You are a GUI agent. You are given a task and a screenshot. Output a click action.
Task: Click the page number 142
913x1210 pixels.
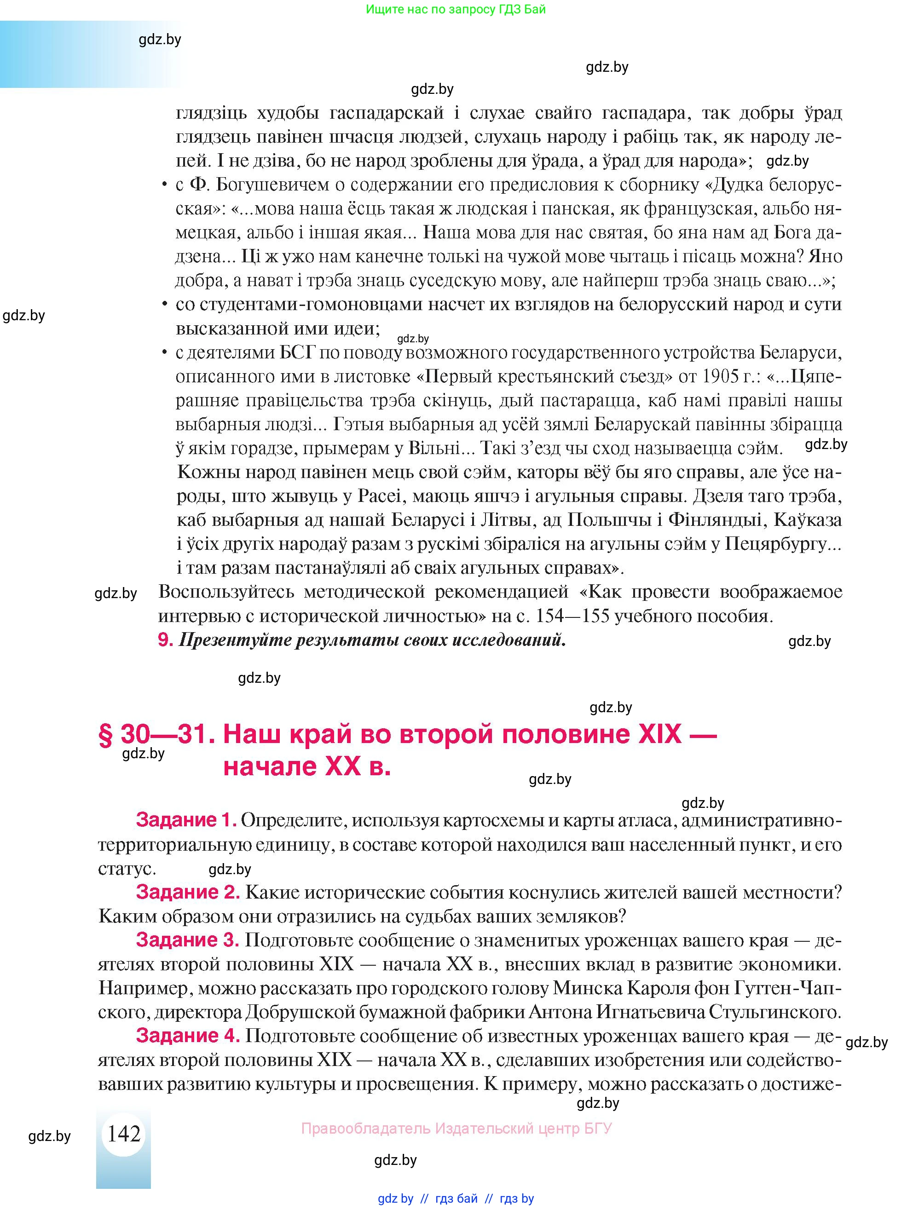coord(124,1134)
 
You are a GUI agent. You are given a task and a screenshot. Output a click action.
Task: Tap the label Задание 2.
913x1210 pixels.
coord(188,892)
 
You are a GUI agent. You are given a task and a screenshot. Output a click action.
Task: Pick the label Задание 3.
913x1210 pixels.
coord(188,940)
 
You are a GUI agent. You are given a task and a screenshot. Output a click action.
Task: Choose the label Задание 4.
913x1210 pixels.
coord(188,1036)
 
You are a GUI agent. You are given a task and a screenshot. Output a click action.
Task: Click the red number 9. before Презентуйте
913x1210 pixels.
coord(165,640)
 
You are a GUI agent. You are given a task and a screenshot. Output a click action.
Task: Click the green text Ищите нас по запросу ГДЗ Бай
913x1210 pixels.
coord(456,9)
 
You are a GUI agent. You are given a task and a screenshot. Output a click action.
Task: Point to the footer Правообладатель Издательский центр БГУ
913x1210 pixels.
coord(456,1129)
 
